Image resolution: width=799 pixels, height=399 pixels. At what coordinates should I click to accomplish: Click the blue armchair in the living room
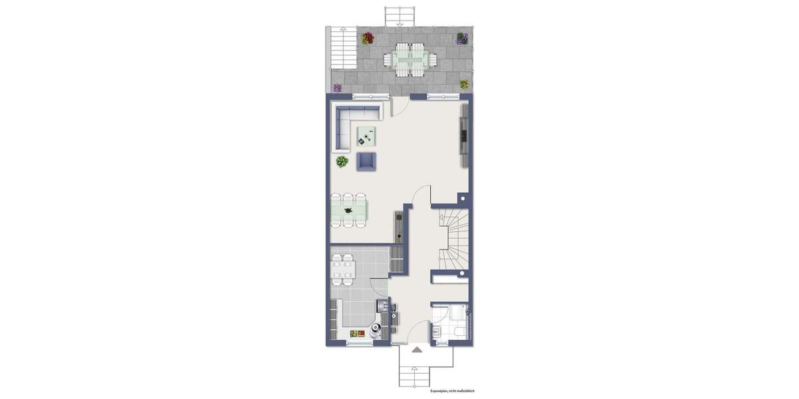366,161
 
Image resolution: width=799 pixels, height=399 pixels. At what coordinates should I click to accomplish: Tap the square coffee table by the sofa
366,136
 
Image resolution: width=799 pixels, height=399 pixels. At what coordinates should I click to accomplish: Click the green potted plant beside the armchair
342,162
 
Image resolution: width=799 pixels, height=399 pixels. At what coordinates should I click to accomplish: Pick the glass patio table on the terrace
408,61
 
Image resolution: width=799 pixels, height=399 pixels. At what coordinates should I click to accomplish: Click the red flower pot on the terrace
368,39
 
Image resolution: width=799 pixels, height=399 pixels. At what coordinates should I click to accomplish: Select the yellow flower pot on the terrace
463,84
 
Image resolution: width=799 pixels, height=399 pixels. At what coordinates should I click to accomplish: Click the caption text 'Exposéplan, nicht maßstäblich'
452,391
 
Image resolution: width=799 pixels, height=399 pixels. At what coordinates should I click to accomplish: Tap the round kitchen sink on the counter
377,327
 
